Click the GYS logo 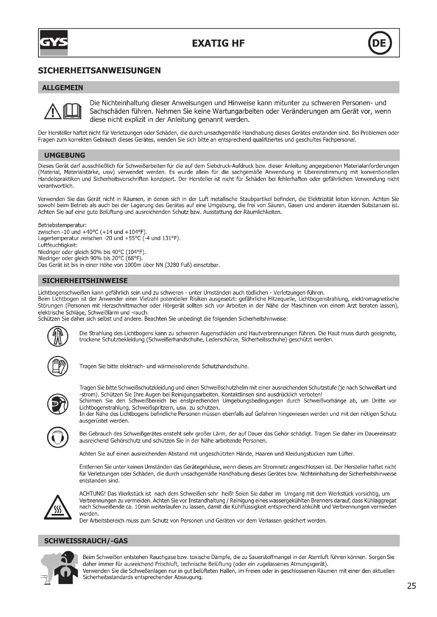pos(54,43)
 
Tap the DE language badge pos(379,43)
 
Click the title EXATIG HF pos(218,43)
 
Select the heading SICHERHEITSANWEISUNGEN pos(99,71)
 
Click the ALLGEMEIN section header pos(63,88)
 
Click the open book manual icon pos(72,111)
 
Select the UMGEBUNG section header pos(64,155)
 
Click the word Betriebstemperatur pos(62,225)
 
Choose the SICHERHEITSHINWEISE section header pos(85,281)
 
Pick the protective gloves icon pos(58,367)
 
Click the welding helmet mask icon pos(58,404)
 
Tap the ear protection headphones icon pos(58,437)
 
